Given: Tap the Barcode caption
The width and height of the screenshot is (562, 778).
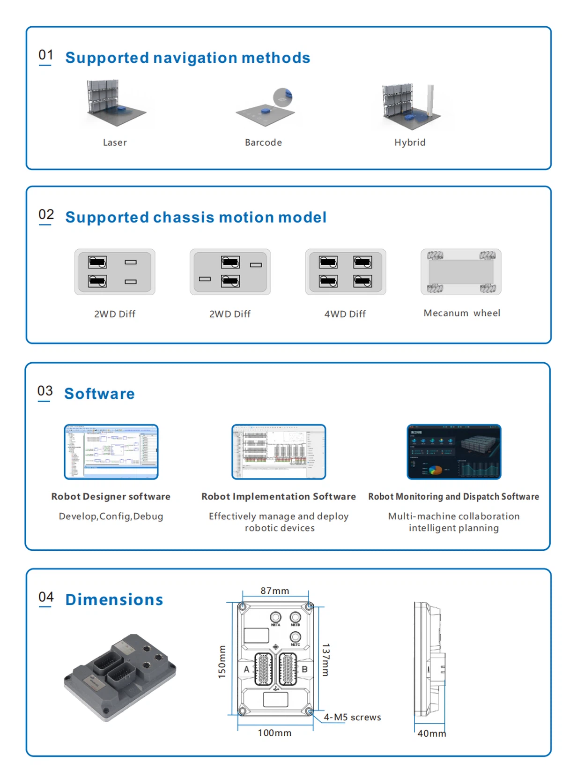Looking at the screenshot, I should click(x=263, y=142).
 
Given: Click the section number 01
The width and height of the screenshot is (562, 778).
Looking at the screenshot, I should click(x=45, y=55).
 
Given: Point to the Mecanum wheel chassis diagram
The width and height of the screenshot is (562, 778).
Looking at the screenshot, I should click(x=461, y=272).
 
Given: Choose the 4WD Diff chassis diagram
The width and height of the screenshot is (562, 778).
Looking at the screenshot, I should click(x=346, y=272).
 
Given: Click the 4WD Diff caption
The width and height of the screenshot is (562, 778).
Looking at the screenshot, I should click(x=345, y=314).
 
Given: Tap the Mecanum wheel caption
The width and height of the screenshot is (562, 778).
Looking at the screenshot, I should click(x=462, y=313).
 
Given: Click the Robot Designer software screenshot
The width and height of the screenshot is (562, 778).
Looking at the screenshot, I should click(x=111, y=452).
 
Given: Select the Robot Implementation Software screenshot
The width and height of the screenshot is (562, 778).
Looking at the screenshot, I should click(x=279, y=452).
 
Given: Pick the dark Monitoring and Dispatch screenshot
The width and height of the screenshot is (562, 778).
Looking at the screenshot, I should click(x=454, y=452).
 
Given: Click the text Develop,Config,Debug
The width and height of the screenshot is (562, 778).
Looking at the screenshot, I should click(x=111, y=516).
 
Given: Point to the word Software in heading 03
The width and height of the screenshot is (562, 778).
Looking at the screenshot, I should click(x=99, y=394).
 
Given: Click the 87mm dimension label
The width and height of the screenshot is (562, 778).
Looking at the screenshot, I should click(x=275, y=591).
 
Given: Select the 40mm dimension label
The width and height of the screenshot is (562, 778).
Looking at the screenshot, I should click(x=431, y=733).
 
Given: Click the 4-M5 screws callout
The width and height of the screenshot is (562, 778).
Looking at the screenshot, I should click(x=352, y=718).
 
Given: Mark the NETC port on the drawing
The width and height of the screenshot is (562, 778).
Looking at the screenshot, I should click(x=296, y=637).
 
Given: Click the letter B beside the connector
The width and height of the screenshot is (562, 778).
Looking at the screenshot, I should click(x=304, y=669).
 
